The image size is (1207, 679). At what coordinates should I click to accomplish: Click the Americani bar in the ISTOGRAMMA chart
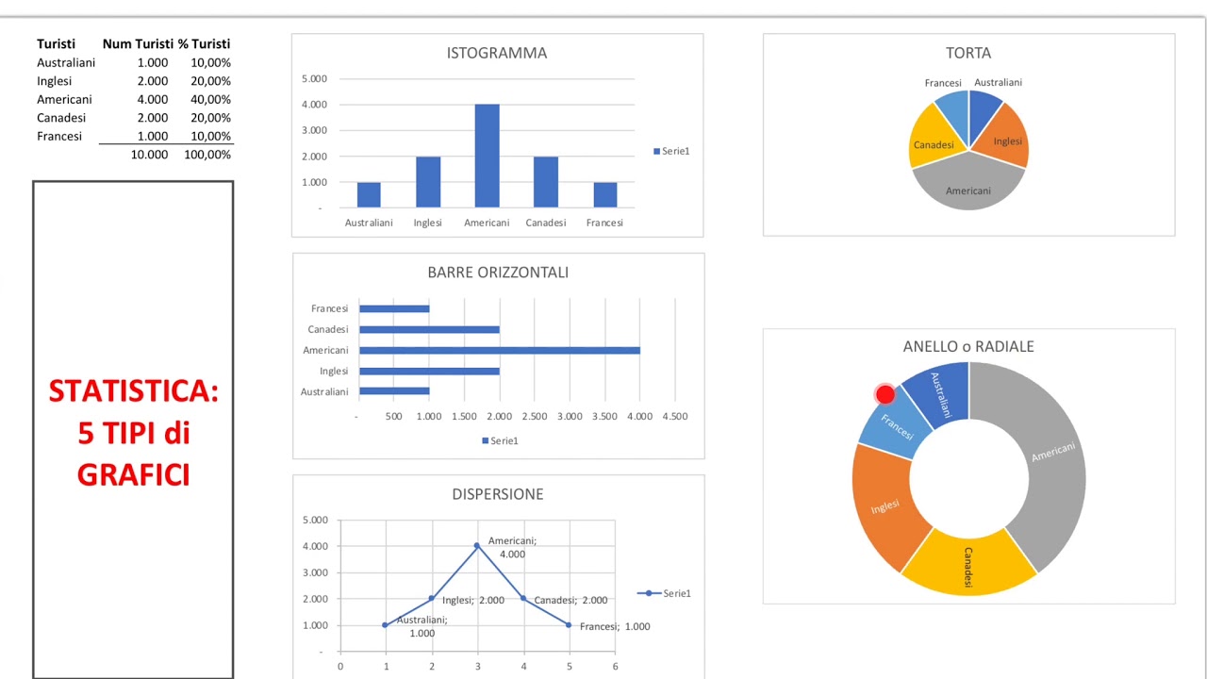click(x=487, y=156)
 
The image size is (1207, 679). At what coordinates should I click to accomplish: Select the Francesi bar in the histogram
click(x=604, y=195)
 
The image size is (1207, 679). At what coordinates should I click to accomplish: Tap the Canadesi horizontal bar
click(x=429, y=329)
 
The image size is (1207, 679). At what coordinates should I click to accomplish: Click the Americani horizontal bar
click(x=499, y=350)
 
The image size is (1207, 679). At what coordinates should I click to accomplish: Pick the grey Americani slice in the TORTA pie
click(x=968, y=188)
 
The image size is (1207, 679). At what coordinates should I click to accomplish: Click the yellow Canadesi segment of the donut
click(x=968, y=563)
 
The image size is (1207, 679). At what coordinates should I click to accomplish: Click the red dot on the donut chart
click(x=885, y=394)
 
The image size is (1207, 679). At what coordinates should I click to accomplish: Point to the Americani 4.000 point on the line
click(x=477, y=545)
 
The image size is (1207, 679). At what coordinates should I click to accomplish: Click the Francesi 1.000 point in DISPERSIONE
click(x=569, y=624)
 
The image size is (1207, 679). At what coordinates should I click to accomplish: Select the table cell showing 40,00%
click(x=210, y=99)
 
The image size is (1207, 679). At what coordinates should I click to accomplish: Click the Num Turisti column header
click(x=138, y=43)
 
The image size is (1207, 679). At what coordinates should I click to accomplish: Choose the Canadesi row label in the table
click(x=61, y=118)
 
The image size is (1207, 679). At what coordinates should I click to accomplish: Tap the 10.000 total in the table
click(x=149, y=155)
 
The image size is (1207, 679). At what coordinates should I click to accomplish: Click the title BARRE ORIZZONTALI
click(x=498, y=273)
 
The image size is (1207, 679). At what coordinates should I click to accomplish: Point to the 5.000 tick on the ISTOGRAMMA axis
click(x=314, y=78)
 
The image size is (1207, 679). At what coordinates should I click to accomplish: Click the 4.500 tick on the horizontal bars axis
click(x=674, y=416)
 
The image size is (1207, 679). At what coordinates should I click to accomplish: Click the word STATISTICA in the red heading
click(x=133, y=391)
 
